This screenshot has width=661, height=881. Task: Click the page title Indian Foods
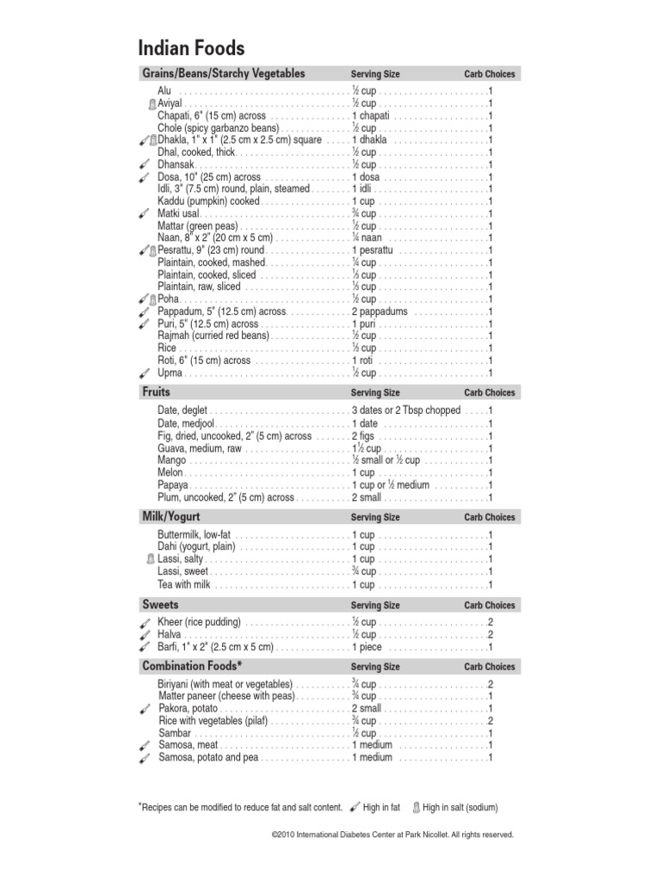point(191,47)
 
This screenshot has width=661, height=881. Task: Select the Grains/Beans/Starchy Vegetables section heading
point(223,74)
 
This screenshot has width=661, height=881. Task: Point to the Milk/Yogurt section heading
point(170,517)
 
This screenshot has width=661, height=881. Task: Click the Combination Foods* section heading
point(192,667)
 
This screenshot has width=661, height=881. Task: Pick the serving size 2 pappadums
point(380,311)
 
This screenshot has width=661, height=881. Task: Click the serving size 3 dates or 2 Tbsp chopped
point(406,410)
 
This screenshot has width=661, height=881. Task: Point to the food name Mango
point(171,460)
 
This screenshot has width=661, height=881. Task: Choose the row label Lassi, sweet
point(182,572)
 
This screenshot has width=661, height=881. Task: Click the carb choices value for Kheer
point(491,622)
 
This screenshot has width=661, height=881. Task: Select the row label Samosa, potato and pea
point(208,758)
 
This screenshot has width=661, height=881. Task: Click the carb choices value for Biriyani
point(491,684)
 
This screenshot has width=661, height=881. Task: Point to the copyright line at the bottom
point(392,835)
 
